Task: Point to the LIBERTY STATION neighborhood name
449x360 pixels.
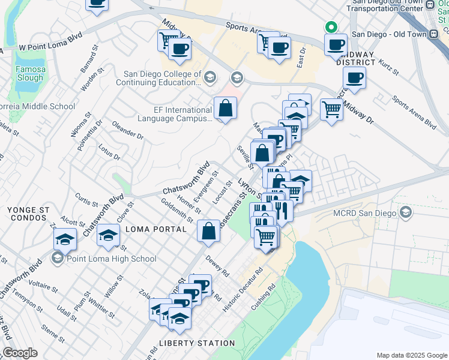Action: (x=197, y=343)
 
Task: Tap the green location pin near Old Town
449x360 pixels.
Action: (x=330, y=27)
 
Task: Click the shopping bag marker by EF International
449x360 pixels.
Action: (x=225, y=109)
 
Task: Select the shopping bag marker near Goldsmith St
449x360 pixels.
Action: (x=208, y=232)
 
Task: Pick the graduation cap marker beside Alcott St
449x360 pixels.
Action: (x=65, y=239)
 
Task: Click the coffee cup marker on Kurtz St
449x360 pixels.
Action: (x=355, y=77)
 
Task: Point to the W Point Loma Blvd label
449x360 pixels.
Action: (x=50, y=44)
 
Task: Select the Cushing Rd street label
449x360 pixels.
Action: (x=264, y=296)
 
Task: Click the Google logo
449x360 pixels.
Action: (x=20, y=353)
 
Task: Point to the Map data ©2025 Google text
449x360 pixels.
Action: (x=411, y=355)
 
